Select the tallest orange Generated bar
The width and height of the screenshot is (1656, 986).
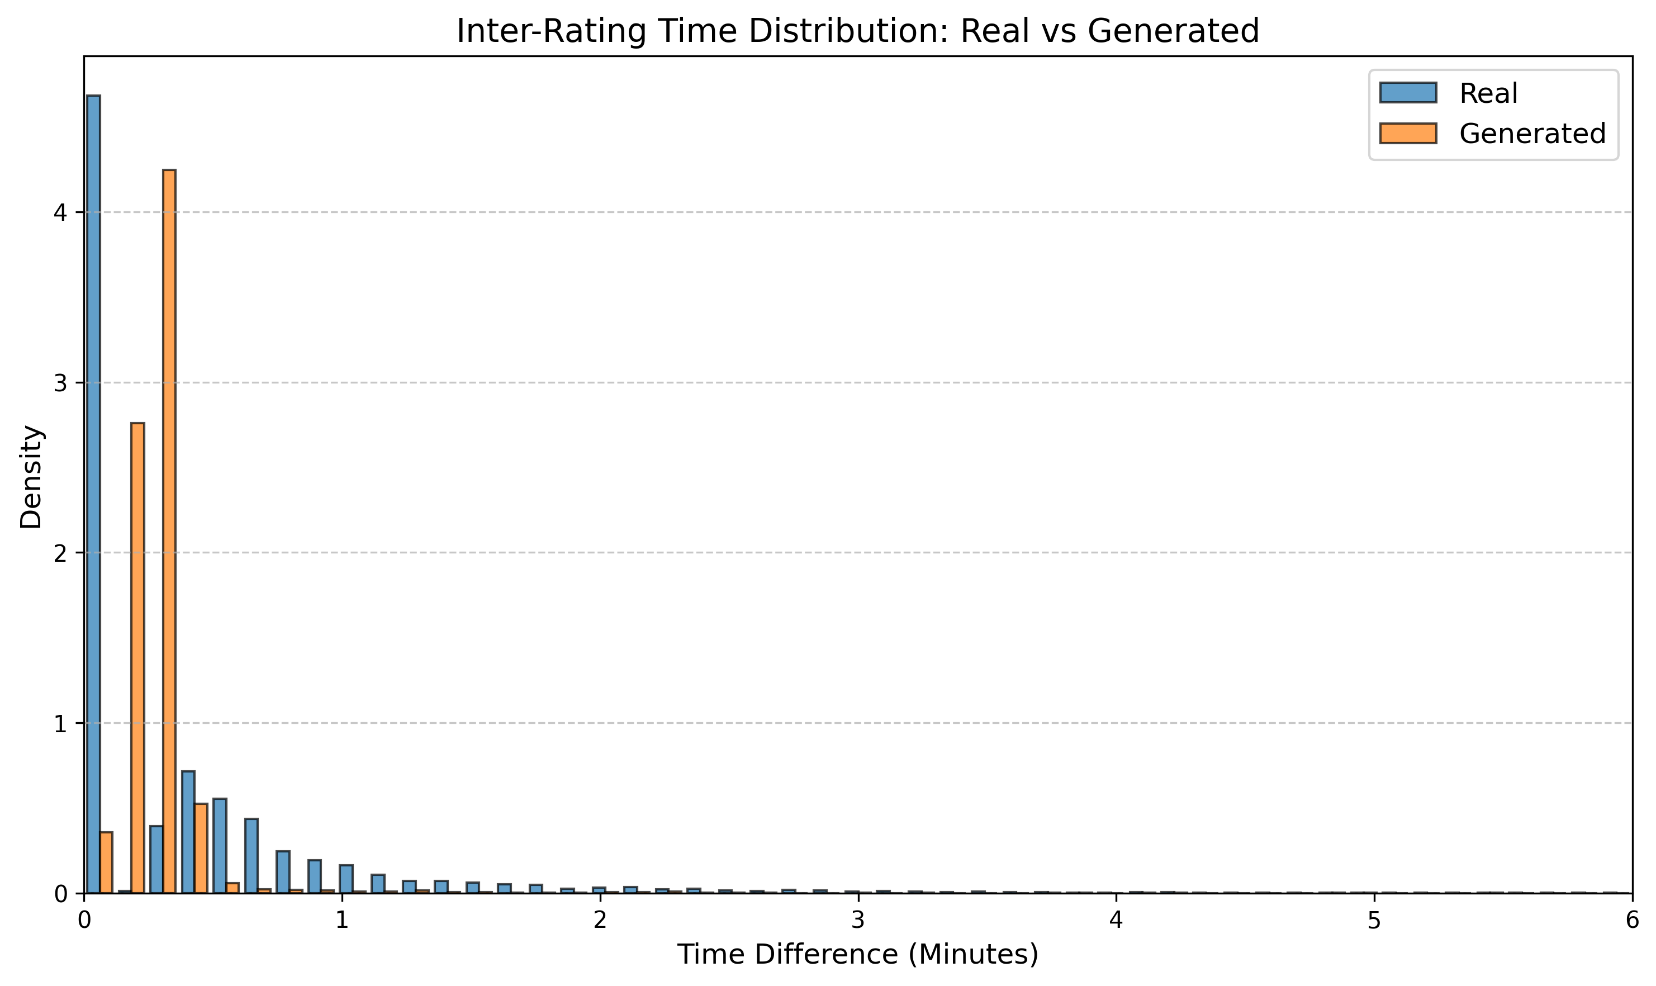[169, 532]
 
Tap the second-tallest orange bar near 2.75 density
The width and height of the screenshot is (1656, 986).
[137, 658]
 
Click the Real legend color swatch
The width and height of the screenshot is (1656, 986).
[1407, 93]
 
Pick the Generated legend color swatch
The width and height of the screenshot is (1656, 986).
[1407, 134]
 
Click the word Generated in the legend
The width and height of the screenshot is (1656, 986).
[1532, 134]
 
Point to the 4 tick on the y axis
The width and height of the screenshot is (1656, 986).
[60, 212]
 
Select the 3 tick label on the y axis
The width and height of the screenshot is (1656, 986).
[60, 383]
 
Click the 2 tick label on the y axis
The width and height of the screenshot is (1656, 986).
[60, 553]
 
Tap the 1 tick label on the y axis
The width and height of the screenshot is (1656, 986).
[60, 723]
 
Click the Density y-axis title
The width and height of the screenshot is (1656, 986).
[31, 476]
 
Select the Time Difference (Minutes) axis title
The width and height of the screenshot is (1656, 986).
[857, 955]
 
